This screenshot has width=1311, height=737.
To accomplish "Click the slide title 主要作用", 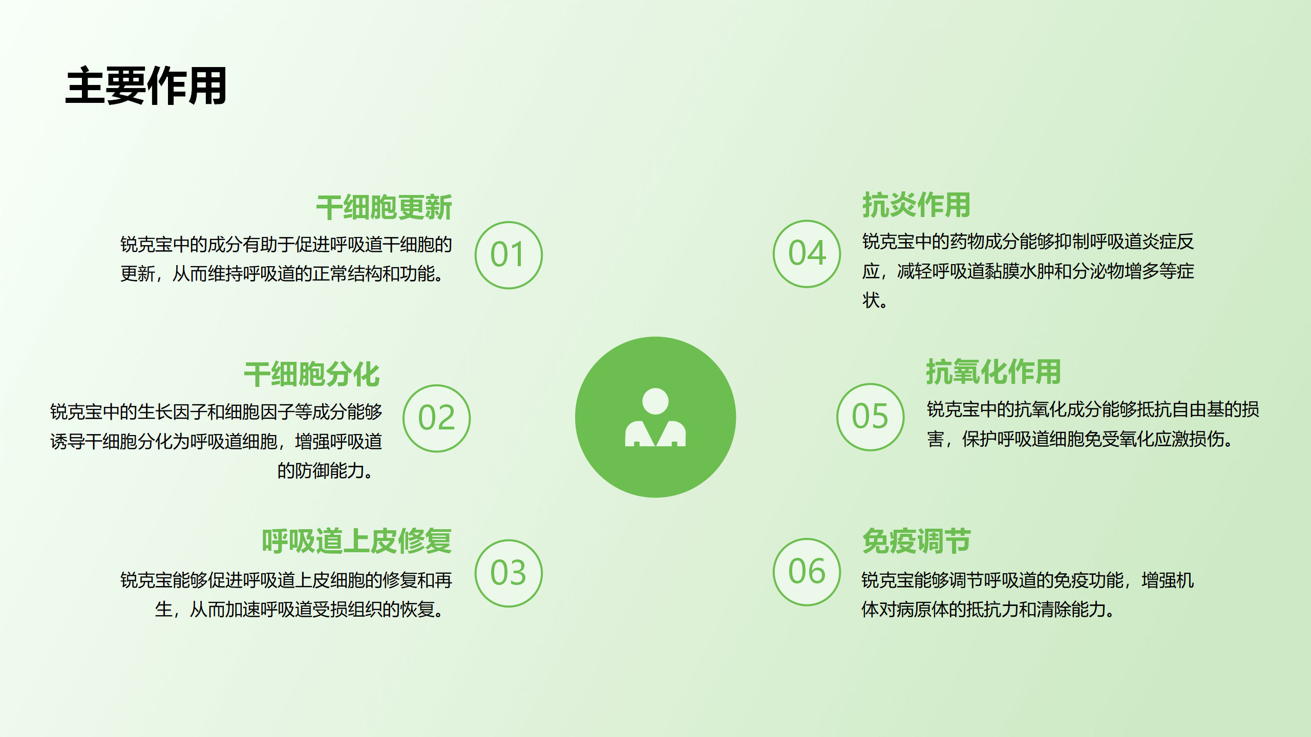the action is point(146,86).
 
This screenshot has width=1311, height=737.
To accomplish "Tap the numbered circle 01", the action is point(509,255).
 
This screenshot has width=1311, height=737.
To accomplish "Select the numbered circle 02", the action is point(437,418).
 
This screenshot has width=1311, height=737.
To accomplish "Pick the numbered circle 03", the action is point(509,573).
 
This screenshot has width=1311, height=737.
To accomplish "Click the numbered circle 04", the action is point(807,253).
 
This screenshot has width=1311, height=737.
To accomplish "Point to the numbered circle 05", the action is point(871,417).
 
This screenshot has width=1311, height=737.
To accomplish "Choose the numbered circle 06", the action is point(807,572).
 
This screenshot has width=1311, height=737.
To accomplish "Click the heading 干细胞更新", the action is point(384,207).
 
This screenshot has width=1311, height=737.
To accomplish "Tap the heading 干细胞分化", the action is point(312,374).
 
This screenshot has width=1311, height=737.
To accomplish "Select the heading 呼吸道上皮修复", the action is point(357,541).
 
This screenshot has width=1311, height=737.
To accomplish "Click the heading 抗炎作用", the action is point(917,205).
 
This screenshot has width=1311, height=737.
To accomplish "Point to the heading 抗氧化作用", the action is point(993,372).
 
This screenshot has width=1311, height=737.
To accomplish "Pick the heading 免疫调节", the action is point(917,541).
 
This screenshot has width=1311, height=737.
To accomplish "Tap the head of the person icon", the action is point(655,401).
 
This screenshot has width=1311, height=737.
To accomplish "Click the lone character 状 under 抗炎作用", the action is point(871,300).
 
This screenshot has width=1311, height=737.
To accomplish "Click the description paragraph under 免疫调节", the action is point(1028,595).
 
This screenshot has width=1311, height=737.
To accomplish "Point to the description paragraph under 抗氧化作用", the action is point(1093,424).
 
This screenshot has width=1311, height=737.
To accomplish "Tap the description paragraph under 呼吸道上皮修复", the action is point(286,595).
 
